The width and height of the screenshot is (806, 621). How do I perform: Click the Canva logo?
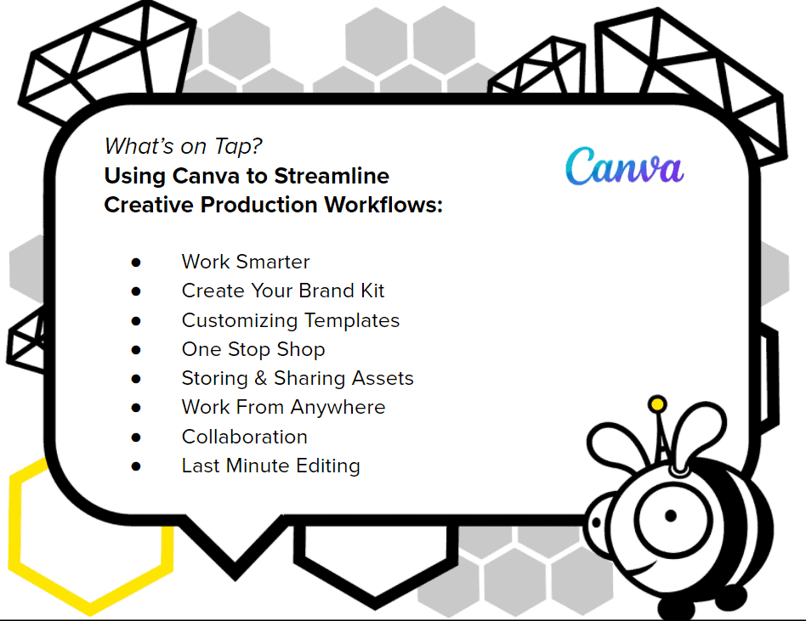point(625,166)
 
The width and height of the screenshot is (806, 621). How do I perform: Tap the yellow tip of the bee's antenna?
point(657,404)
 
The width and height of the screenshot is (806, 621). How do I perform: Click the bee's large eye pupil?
point(670,515)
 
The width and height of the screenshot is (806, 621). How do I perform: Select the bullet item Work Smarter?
point(246,262)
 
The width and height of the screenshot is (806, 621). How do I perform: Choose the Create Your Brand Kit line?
point(283,291)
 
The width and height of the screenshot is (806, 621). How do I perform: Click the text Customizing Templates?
point(291,320)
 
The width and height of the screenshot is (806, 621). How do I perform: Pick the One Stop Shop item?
point(253,350)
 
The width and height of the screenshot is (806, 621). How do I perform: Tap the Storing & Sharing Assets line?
point(298,379)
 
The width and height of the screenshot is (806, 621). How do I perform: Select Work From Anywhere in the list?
point(283,408)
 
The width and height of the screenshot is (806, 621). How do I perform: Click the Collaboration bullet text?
point(245,438)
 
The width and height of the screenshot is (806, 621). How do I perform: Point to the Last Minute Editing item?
point(271,466)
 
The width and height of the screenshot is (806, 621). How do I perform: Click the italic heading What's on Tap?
point(183,146)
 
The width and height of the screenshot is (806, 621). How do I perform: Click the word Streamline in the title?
point(332,176)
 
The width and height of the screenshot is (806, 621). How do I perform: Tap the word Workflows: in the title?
point(383,205)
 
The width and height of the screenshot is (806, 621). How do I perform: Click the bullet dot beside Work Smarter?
point(136,263)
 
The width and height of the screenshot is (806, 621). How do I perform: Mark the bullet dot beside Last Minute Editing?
point(136,466)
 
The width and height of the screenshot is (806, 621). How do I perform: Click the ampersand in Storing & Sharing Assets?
point(261,379)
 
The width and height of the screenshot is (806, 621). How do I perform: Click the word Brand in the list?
point(327,291)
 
